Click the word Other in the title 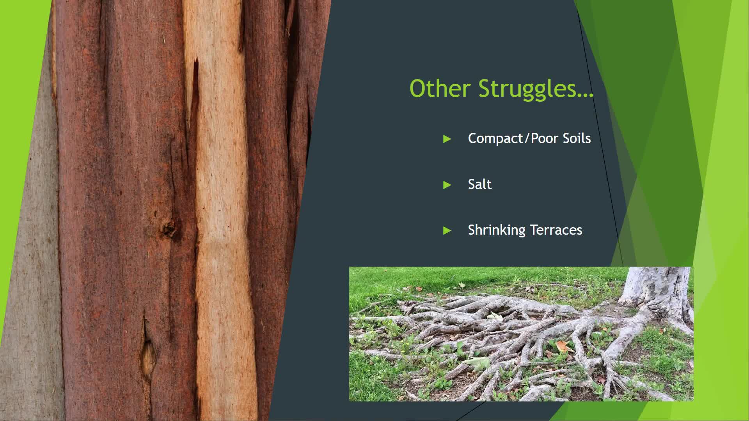440,88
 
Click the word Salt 479,184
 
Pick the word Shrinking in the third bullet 496,230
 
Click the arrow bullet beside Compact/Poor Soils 447,139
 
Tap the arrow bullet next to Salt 447,185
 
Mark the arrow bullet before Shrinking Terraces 447,231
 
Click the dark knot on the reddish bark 169,229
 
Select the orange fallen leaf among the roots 563,346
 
